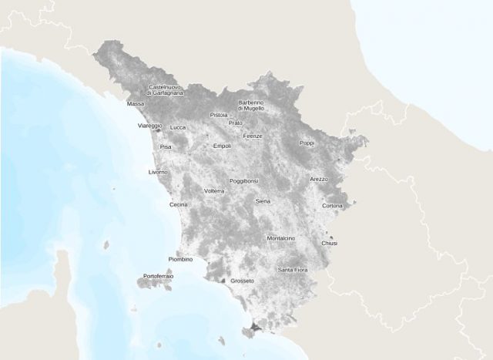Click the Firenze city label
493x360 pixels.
click(x=253, y=136)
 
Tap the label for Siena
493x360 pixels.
click(x=263, y=200)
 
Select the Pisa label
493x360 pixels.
click(x=166, y=146)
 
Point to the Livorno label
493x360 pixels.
click(x=157, y=172)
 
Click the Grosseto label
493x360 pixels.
click(x=242, y=281)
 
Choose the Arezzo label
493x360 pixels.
click(x=319, y=179)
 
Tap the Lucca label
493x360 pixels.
click(x=178, y=127)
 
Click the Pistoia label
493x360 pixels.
click(x=219, y=115)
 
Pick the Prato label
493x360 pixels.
click(x=236, y=123)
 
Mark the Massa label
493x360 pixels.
click(x=136, y=103)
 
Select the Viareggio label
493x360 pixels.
click(x=149, y=125)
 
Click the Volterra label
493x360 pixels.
click(x=214, y=190)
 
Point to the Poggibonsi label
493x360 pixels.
click(x=244, y=181)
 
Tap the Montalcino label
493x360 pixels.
click(x=280, y=238)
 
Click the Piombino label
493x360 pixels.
click(x=180, y=259)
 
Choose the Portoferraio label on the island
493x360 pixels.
click(x=158, y=275)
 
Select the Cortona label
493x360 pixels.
click(x=333, y=206)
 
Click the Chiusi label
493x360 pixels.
click(x=330, y=243)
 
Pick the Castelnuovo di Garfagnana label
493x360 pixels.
click(x=166, y=89)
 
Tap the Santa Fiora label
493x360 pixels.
click(x=293, y=270)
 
